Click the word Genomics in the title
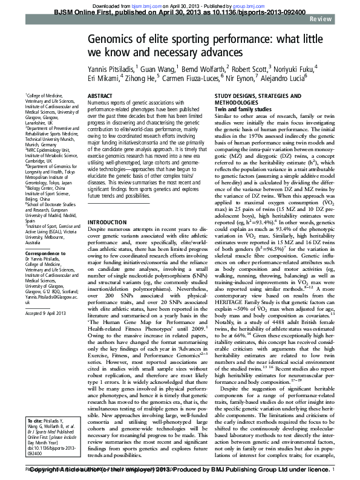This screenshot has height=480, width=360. [x=119, y=40]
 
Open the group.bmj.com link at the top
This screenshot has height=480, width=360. [x=252, y=4]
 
